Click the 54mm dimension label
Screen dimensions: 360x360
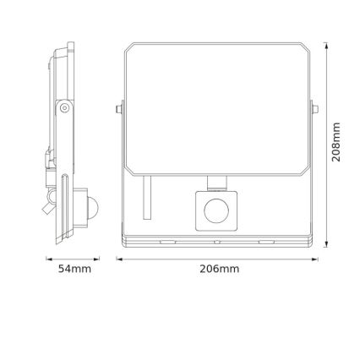pos(74,269)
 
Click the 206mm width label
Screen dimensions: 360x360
pos(219,269)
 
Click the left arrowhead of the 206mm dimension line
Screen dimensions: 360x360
pos(118,258)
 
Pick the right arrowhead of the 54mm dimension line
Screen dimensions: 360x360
pos(98,258)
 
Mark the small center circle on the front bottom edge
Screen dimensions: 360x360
pos(218,242)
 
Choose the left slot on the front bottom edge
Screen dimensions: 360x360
pos(166,242)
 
